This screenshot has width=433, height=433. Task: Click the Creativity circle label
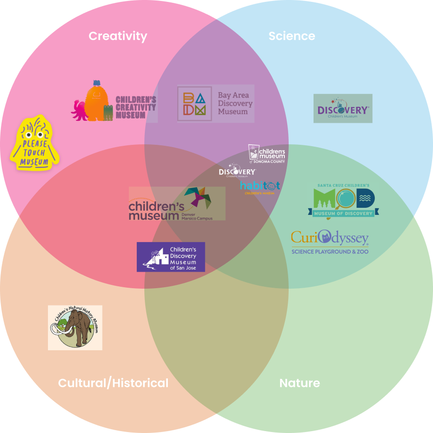click(118, 36)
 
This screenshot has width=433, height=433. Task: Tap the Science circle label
click(291, 36)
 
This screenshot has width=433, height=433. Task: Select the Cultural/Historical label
click(113, 383)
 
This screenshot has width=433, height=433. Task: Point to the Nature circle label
click(299, 383)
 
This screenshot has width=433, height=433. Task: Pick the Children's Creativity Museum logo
click(113, 100)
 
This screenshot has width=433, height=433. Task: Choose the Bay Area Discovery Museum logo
click(215, 103)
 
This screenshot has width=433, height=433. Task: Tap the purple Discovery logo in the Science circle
click(343, 109)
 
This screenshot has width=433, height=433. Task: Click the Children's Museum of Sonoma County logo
click(267, 154)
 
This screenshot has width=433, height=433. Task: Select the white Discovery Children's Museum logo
click(237, 172)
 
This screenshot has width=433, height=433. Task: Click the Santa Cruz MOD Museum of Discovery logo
click(343, 202)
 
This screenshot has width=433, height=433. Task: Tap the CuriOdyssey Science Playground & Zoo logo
click(330, 242)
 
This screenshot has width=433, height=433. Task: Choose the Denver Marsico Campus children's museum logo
click(177, 204)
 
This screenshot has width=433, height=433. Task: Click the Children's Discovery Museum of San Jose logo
click(171, 257)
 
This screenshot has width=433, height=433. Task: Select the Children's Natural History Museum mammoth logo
click(75, 328)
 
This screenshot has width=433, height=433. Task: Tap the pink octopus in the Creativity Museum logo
click(78, 111)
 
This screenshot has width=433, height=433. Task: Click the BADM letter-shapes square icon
click(194, 103)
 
